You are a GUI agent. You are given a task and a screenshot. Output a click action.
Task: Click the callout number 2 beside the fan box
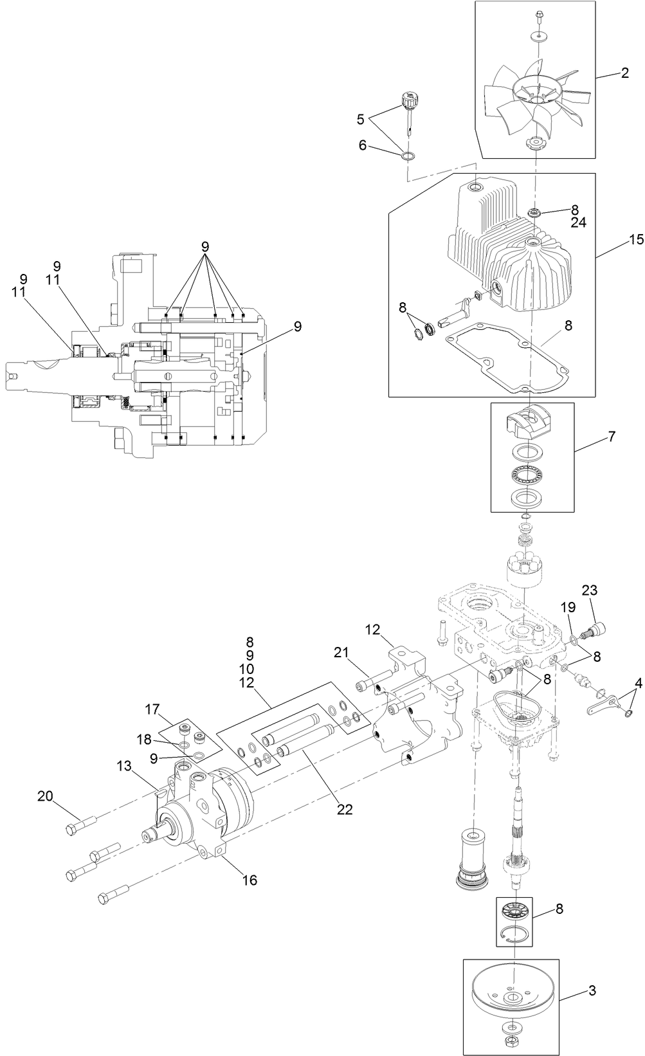tap(624, 73)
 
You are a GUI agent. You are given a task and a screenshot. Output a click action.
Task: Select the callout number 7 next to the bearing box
tap(611, 437)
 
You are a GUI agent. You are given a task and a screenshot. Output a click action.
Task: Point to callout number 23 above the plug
tap(590, 590)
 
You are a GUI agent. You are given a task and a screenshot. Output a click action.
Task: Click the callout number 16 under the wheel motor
tap(249, 880)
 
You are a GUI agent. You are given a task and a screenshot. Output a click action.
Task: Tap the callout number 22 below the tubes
tap(345, 809)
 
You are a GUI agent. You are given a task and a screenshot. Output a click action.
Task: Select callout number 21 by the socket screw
tap(341, 653)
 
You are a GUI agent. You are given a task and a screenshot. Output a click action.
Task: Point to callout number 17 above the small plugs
tap(152, 710)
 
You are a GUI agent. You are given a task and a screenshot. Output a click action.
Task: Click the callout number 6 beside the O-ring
tap(363, 146)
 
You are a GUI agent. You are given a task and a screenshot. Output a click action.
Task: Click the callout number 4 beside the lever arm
tap(638, 681)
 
